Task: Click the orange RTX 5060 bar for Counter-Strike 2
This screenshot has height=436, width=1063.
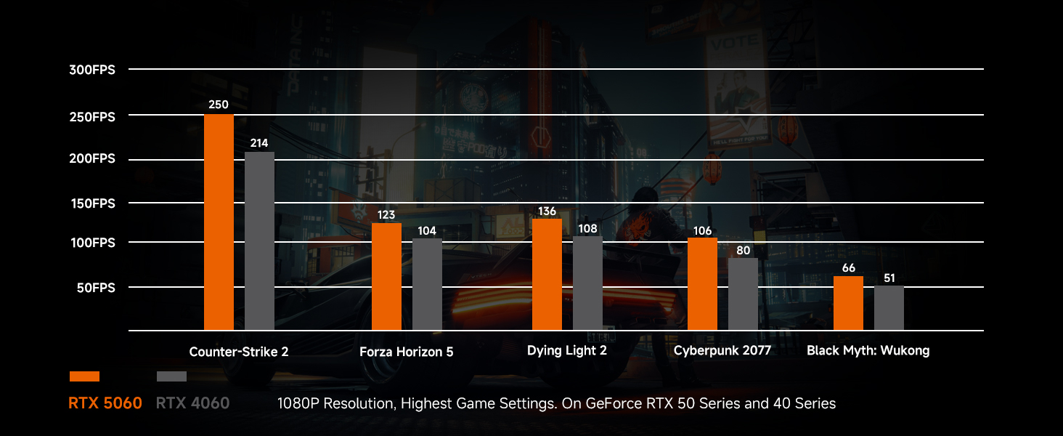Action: (x=219, y=222)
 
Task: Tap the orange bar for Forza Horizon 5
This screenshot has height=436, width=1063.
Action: (x=386, y=276)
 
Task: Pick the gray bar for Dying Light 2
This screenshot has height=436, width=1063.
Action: (x=587, y=283)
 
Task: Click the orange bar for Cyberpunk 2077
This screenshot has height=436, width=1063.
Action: (x=702, y=284)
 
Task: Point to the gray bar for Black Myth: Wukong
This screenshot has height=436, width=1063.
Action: (x=889, y=308)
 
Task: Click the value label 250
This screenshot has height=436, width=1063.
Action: (x=219, y=105)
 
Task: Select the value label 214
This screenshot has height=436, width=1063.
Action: (x=259, y=143)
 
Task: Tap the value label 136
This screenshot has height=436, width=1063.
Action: (x=547, y=211)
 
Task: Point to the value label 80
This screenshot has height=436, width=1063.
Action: (x=743, y=251)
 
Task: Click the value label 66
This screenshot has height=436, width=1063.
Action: (x=848, y=268)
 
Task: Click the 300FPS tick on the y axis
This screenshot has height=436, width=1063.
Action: (x=92, y=70)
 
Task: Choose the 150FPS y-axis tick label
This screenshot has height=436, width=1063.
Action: (x=92, y=203)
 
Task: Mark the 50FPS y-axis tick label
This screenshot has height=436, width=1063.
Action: (x=95, y=288)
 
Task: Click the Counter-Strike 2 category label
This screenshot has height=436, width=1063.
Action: (x=239, y=352)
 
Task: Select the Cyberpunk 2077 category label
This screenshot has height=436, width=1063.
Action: (x=722, y=351)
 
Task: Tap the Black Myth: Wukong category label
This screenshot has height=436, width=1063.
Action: (x=868, y=351)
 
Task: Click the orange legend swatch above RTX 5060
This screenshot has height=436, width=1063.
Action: (x=84, y=376)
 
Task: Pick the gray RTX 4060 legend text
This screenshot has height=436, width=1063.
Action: (x=192, y=403)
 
